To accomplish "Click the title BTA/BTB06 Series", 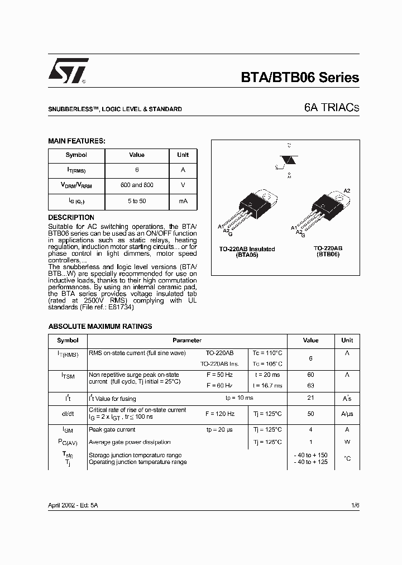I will pyautogui.click(x=300, y=78).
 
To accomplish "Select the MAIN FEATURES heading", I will pyautogui.click(x=76, y=142).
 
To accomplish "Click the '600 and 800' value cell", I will pyautogui.click(x=137, y=185).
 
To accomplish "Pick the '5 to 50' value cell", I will pyautogui.click(x=137, y=200).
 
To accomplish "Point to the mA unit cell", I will pyautogui.click(x=183, y=200).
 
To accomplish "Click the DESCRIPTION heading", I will pyautogui.click(x=71, y=217).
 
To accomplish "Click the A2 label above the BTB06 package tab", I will pyautogui.click(x=347, y=191).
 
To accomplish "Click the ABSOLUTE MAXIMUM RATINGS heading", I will pyautogui.click(x=100, y=327).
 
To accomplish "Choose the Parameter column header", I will pyautogui.click(x=187, y=340).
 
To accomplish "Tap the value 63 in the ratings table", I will pyautogui.click(x=311, y=385).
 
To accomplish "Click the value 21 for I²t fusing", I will pyautogui.click(x=311, y=398).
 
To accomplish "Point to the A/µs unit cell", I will pyautogui.click(x=347, y=414).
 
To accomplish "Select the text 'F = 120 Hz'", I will pyautogui.click(x=220, y=414).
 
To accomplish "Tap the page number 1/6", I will pyautogui.click(x=355, y=504).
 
